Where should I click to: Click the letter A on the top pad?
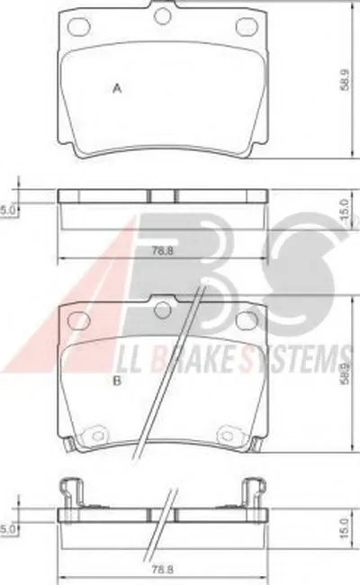[x=118, y=89]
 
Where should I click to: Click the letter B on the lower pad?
[x=117, y=382]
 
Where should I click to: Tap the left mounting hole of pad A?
[x=80, y=27]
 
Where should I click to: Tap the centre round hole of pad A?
[x=163, y=16]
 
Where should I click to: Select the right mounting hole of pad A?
[x=246, y=27]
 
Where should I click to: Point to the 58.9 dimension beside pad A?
[x=345, y=79]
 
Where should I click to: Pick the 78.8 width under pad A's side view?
[x=163, y=251]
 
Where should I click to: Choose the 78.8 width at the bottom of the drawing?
[x=163, y=570]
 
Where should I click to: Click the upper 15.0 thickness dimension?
[x=345, y=209]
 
